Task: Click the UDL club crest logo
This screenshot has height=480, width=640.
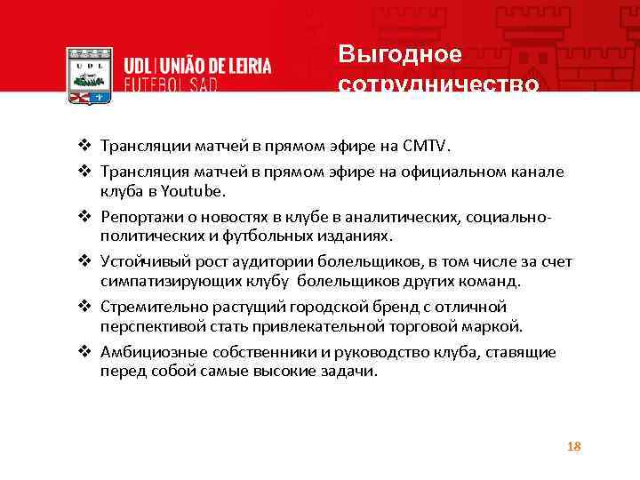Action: coord(90,75)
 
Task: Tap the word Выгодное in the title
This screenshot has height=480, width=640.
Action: coord(400,54)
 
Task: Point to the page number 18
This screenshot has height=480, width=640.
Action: coord(573,446)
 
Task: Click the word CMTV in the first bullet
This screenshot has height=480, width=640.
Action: coord(428,145)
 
